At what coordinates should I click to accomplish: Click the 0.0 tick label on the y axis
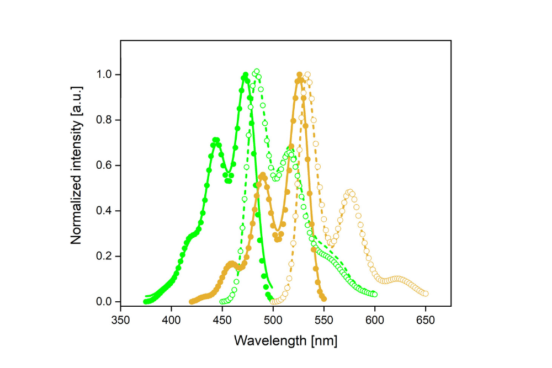click(104, 302)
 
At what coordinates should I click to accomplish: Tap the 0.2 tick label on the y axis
click(104, 257)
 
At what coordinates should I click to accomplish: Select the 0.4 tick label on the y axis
click(104, 211)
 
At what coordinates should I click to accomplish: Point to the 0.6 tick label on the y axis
click(104, 166)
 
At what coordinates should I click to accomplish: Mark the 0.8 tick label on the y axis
click(104, 120)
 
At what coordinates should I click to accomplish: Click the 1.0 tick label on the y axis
click(104, 74)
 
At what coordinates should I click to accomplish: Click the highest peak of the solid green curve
click(245, 76)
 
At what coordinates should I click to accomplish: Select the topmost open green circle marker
click(256, 72)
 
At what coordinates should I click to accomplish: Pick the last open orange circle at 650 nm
click(425, 294)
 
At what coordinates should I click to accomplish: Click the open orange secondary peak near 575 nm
click(349, 192)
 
